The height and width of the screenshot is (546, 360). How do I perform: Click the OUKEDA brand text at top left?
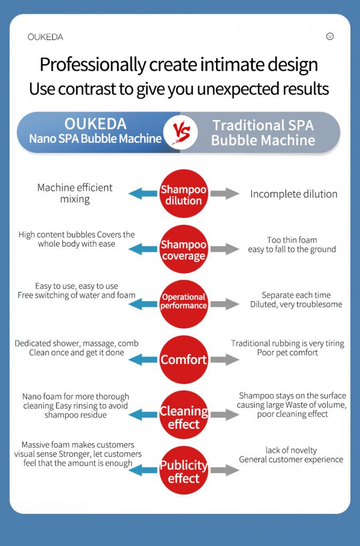pyautogui.click(x=46, y=37)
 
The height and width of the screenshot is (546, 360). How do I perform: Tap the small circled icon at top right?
pyautogui.click(x=330, y=36)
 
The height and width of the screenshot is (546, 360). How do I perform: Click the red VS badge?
pyautogui.click(x=181, y=132)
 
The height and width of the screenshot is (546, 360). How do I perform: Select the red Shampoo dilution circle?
pyautogui.click(x=184, y=194)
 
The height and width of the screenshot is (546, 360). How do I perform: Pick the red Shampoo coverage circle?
pyautogui.click(x=184, y=249)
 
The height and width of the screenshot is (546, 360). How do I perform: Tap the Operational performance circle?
pyautogui.click(x=184, y=304)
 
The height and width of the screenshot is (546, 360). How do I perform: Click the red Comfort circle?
pyautogui.click(x=184, y=359)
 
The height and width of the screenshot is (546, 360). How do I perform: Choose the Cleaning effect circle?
pyautogui.click(x=184, y=415)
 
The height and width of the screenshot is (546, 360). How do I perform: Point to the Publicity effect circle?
pyautogui.click(x=184, y=470)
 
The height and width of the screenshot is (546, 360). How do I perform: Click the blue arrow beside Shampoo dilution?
pyautogui.click(x=143, y=194)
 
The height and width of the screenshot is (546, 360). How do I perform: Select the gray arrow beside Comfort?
pyautogui.click(x=225, y=359)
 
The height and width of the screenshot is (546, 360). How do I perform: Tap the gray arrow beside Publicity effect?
pyautogui.click(x=225, y=470)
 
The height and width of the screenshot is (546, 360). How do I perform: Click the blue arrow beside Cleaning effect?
pyautogui.click(x=143, y=415)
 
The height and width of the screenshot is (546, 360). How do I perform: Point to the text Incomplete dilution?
pyautogui.click(x=294, y=194)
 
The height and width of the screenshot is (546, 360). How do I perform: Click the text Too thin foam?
pyautogui.click(x=292, y=240)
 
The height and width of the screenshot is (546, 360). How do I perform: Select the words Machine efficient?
pyautogui.click(x=75, y=188)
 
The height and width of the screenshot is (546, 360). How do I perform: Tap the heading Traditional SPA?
pyautogui.click(x=263, y=125)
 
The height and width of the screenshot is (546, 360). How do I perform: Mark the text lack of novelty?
pyautogui.click(x=291, y=450)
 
